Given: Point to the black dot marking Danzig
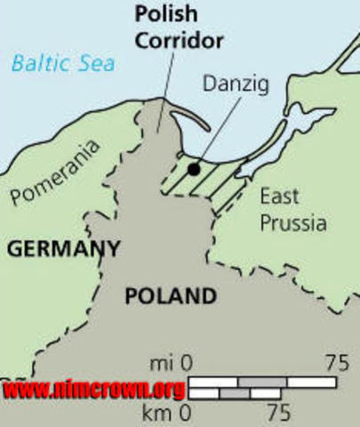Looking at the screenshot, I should (193, 167).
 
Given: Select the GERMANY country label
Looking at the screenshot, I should (63, 249).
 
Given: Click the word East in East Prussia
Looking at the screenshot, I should (279, 197).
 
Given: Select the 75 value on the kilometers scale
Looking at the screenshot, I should (278, 412).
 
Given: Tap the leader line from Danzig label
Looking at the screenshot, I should (216, 133).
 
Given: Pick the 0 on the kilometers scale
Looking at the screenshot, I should (186, 412).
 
